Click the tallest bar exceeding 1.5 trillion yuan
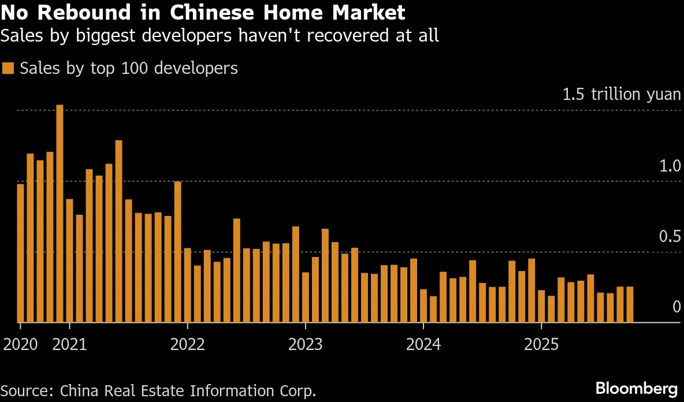60,214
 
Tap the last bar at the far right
630,304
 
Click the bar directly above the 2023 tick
306,297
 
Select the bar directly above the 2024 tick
423,306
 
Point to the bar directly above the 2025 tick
541,306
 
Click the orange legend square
8,68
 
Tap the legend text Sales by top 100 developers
128,68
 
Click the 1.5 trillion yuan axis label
622,94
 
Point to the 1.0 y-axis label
670,166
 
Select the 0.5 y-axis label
670,237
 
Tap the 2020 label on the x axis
20,345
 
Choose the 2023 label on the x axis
306,345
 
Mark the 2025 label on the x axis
541,345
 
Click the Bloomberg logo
636,387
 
